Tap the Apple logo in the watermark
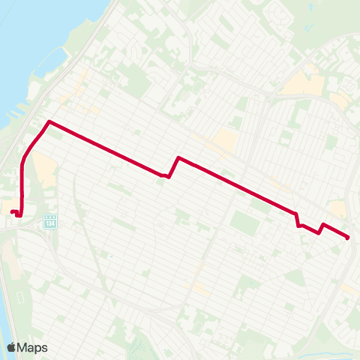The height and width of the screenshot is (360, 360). [12, 347]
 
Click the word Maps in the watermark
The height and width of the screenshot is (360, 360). [33, 347]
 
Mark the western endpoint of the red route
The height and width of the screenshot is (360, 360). [11, 212]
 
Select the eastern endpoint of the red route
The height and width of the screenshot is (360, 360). [348, 238]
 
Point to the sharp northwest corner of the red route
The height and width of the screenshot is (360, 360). [49, 121]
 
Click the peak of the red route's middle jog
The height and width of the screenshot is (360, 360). [178, 157]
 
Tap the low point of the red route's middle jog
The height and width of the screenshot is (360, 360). [169, 177]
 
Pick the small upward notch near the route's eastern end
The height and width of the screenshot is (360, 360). [323, 224]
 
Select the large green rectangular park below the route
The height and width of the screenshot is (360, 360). [244, 222]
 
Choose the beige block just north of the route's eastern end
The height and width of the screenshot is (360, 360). [337, 208]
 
